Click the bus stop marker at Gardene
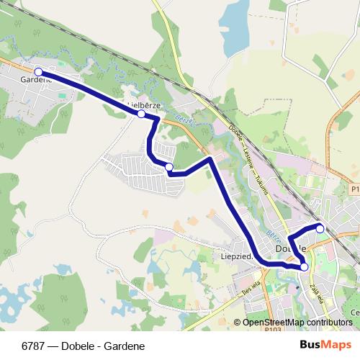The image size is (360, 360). point(38,72)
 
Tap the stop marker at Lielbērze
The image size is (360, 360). point(141,114)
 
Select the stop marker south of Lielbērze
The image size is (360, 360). point(168,167)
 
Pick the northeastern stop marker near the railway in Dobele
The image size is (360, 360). point(320,229)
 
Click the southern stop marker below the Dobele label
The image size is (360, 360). point(304,267)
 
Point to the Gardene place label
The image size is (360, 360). point(36,79)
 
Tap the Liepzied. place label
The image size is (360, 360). point(235,256)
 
